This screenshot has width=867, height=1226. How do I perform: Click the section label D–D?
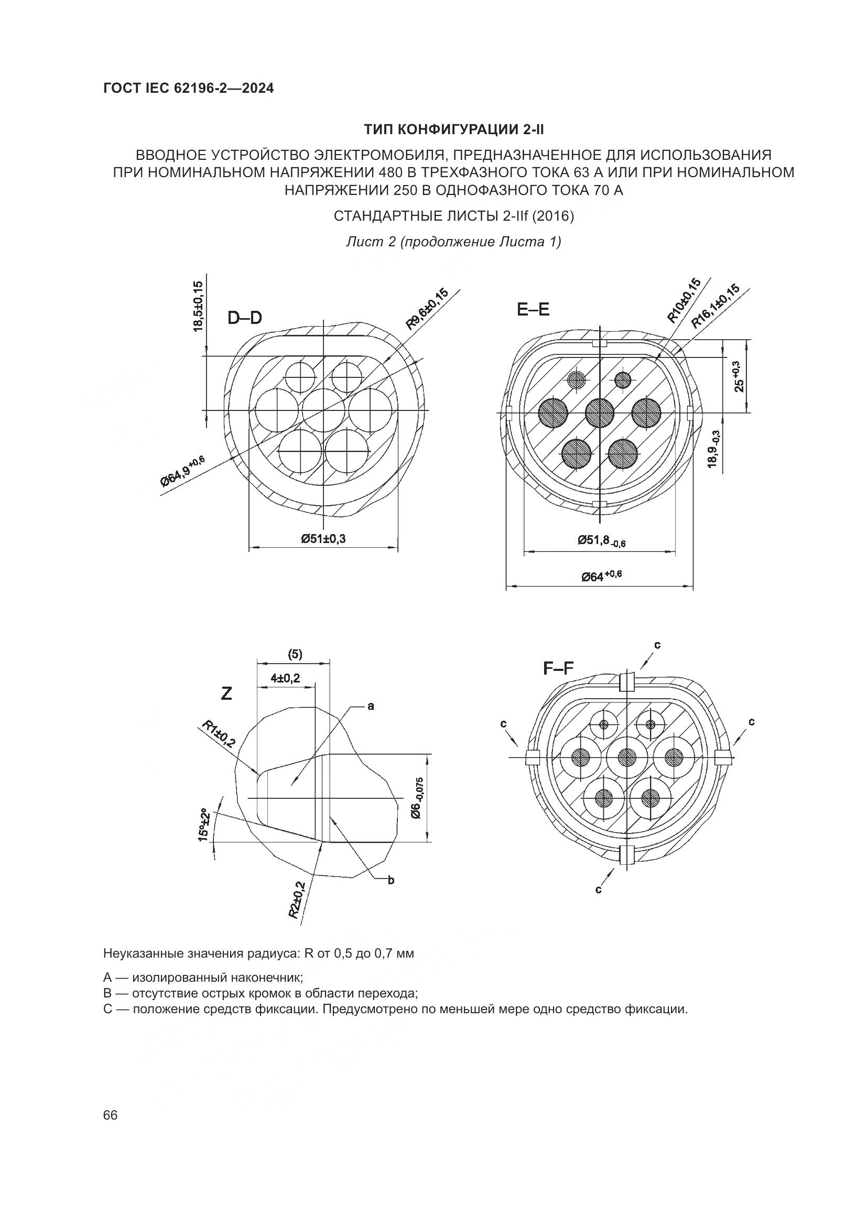[x=244, y=318]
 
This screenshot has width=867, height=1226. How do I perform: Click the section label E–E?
[x=533, y=310]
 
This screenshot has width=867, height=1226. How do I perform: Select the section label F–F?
[x=558, y=668]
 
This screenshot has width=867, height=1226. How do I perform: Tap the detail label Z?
[x=227, y=693]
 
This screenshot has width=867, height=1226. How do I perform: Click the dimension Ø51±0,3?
[x=323, y=539]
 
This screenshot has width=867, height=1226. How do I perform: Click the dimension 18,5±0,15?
[x=198, y=307]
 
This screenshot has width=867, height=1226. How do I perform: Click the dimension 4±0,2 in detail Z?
[x=285, y=678]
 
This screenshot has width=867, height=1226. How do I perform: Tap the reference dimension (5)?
[x=295, y=654]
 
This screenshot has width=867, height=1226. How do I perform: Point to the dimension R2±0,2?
[x=297, y=900]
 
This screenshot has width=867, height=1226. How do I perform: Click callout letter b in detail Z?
[x=391, y=881]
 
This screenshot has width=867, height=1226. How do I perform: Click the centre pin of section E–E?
[x=600, y=413]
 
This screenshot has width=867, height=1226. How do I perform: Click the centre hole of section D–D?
[x=323, y=409]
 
